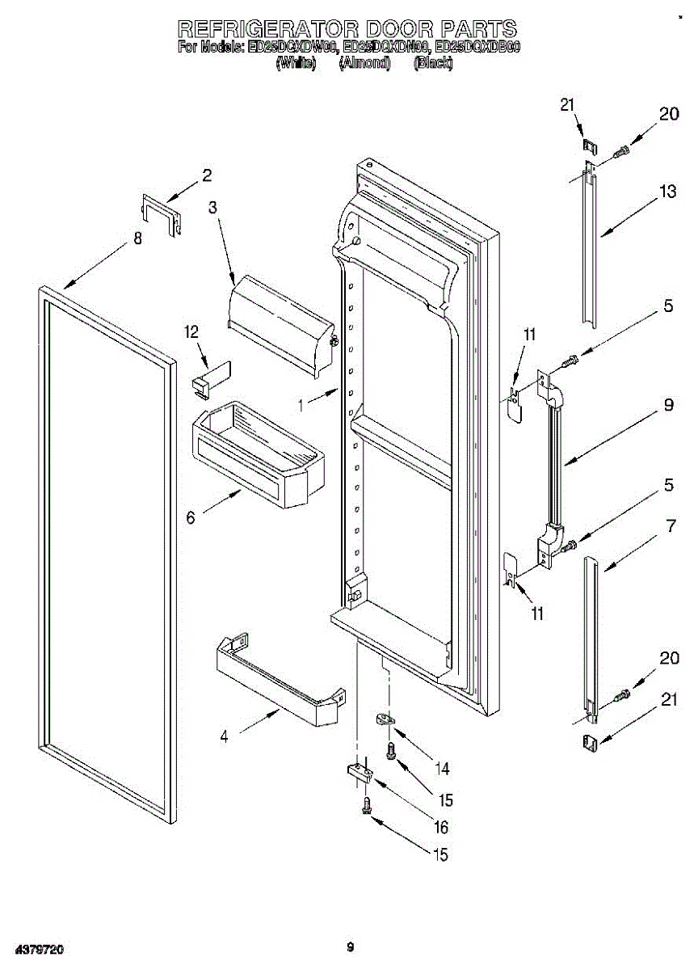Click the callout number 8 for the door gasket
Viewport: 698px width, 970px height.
pos(137,238)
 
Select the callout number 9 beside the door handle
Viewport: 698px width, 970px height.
pos(668,407)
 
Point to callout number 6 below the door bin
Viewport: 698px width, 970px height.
pos(191,518)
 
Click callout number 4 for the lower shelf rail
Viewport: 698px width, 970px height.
pos(224,736)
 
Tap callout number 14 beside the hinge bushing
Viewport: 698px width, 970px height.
pos(442,768)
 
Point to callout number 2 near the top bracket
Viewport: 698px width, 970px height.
pos(207,175)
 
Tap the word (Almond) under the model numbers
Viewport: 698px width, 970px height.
pos(364,63)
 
